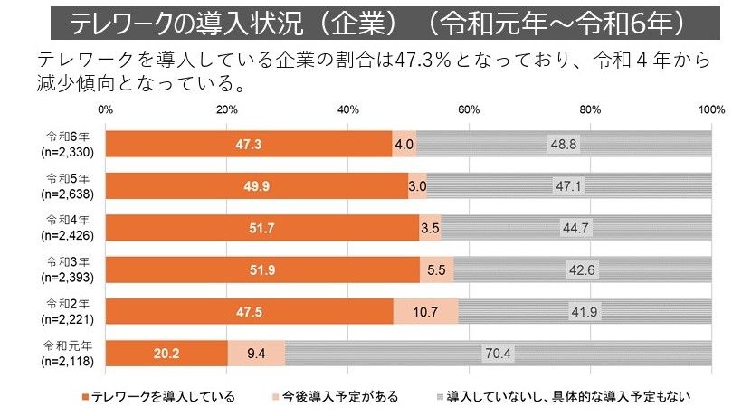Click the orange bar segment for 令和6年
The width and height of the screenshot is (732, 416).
(x=249, y=144)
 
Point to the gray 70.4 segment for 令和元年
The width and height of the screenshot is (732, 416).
(x=498, y=353)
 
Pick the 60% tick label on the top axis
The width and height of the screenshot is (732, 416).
(x=468, y=110)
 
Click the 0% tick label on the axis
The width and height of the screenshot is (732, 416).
(x=105, y=110)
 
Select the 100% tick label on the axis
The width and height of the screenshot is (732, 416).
(x=710, y=110)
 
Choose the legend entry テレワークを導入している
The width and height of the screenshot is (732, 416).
(x=159, y=396)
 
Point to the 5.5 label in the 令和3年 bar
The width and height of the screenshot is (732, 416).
(x=436, y=269)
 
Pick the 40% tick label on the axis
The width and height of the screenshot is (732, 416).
(x=347, y=110)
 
